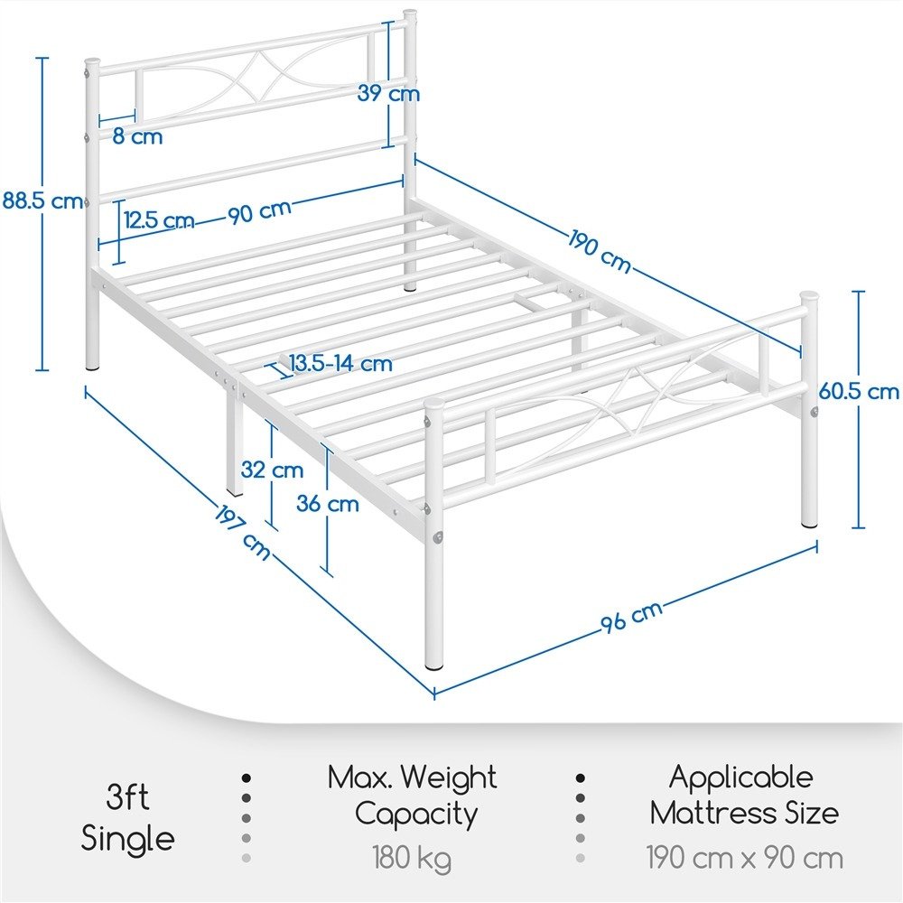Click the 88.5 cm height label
coord(42,201)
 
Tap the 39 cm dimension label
coord(388,93)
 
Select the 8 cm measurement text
coord(137,136)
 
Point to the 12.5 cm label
coord(158,220)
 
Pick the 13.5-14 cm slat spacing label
coord(340,363)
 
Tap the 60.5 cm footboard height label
coord(859,392)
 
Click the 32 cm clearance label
coord(272,470)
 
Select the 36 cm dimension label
coord(328,504)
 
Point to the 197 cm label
coord(242,533)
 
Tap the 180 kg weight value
coord(412,858)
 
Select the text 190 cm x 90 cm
coord(745,858)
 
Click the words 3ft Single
coord(127,818)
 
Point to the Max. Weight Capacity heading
coord(412,796)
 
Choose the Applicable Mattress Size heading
coord(744,796)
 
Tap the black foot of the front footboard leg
coord(434,666)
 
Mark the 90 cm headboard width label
coord(260,211)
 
